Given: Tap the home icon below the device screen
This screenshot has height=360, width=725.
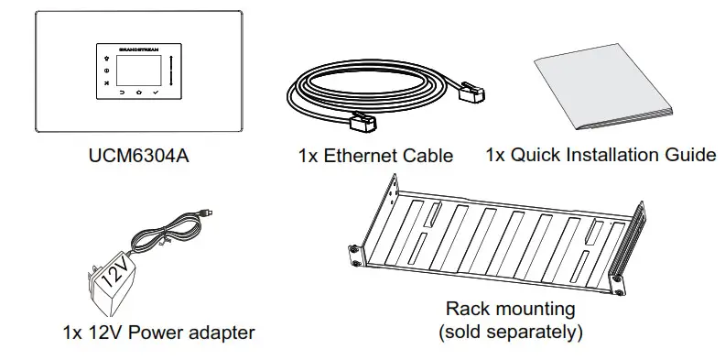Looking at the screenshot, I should coord(138,93).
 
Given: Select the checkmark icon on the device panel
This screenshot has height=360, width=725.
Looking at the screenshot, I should coord(157,93).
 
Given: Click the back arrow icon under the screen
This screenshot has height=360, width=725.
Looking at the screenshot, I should coord(121,93).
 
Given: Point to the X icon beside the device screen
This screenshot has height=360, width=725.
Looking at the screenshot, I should coord(106,83).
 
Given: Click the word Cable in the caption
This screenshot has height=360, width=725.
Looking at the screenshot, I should coord(429,156).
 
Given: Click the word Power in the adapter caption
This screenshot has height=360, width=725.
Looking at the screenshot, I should coord(158,332).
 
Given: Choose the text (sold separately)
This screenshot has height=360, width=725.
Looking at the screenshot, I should coord(510,331).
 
